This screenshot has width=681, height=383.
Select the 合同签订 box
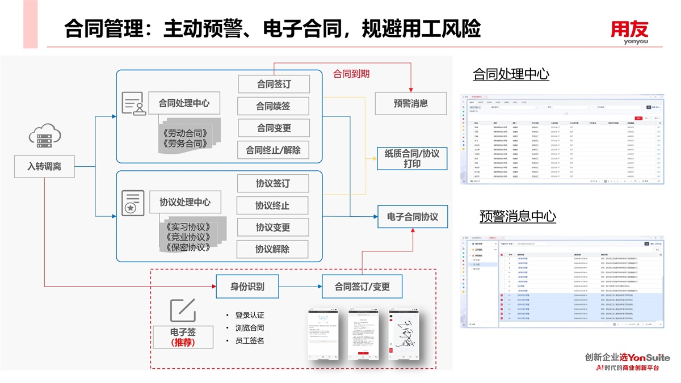pos(274,85)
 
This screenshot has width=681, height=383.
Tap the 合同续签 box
pos(273,106)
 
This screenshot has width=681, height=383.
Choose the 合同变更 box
pos(274,128)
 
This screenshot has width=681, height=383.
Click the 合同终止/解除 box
pos(273,150)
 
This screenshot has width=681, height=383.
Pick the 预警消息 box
pos(410,103)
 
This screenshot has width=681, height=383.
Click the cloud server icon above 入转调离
pos(44,136)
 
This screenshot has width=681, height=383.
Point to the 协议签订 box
pos(272,183)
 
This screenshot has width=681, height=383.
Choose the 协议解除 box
pos(272,249)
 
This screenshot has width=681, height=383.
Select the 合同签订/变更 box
pos(362,287)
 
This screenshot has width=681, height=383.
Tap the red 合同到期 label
pos(351,74)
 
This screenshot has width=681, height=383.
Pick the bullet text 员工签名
pos(249,341)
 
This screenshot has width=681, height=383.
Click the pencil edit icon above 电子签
pos(183,310)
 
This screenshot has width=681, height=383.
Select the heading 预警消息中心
pos(518,216)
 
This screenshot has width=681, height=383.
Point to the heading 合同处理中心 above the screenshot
pos(511,74)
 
